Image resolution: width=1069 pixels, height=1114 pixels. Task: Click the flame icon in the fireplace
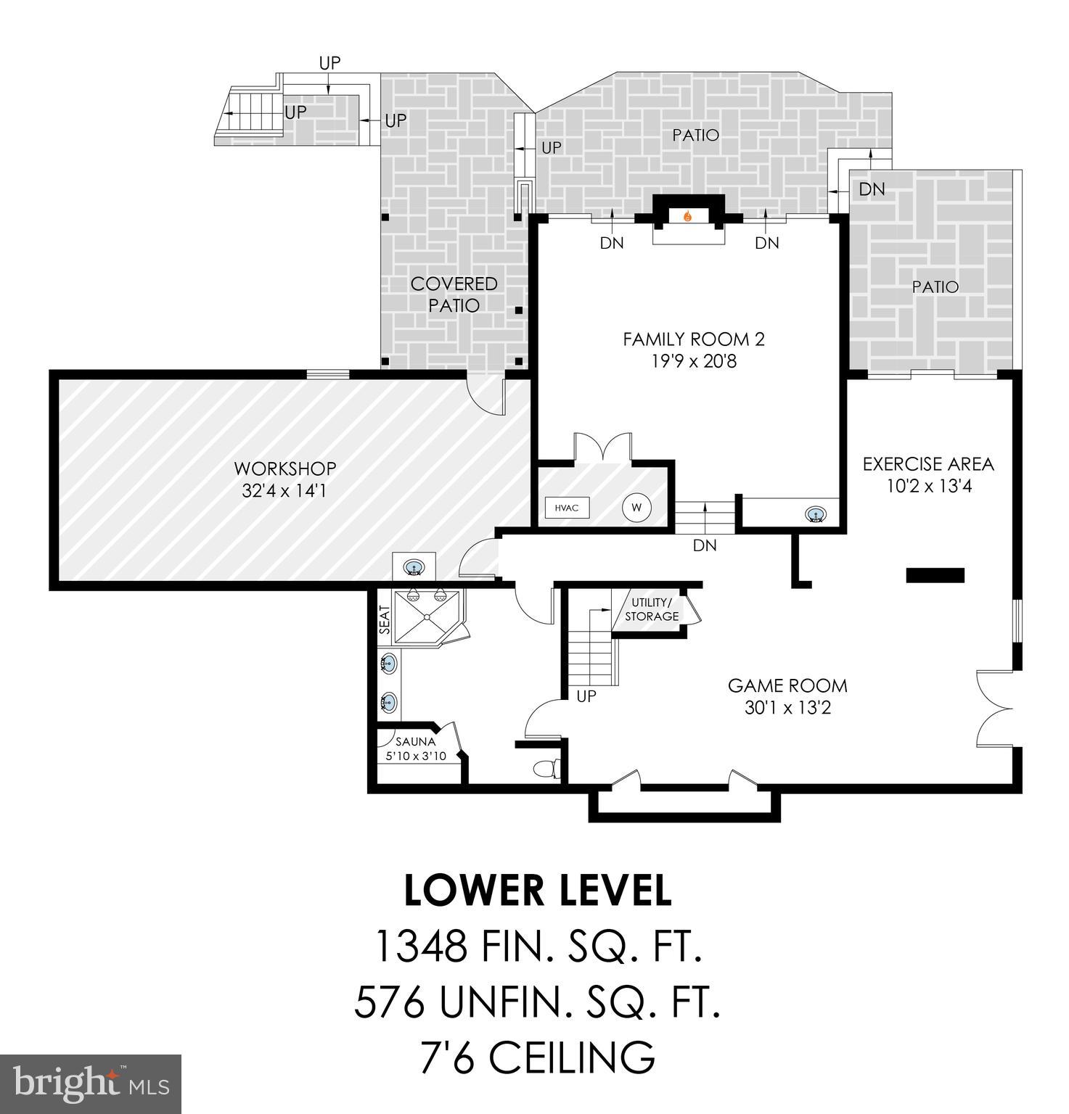coord(688,215)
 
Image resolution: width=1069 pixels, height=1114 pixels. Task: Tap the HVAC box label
coord(567,508)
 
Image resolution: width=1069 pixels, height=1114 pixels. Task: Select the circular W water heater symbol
coord(636,508)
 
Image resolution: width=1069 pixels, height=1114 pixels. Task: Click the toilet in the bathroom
coord(546,768)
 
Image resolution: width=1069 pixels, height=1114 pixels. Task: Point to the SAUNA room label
coord(415,742)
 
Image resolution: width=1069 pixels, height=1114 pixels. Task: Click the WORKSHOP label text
coord(284,469)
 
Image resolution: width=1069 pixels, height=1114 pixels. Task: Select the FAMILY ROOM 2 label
coord(693,339)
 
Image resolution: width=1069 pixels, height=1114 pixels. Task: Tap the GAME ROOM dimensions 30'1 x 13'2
coord(787,707)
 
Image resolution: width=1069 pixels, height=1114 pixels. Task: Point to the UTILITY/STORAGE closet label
coord(652,609)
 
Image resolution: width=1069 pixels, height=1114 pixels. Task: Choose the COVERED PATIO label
coord(454,294)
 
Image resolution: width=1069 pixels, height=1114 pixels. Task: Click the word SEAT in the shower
coord(385,620)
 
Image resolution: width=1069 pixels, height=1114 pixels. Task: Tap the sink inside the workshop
coord(414,566)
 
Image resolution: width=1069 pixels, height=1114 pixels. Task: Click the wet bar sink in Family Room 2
coord(816,516)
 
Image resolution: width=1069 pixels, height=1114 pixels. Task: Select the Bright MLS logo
coord(91,1084)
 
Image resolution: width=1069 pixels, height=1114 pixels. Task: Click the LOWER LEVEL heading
coord(537,891)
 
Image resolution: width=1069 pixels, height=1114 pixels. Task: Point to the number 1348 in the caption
coord(420,946)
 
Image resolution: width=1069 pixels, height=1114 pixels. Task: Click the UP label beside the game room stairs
coord(586,696)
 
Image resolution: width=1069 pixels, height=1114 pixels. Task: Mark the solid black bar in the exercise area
coord(935,575)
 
